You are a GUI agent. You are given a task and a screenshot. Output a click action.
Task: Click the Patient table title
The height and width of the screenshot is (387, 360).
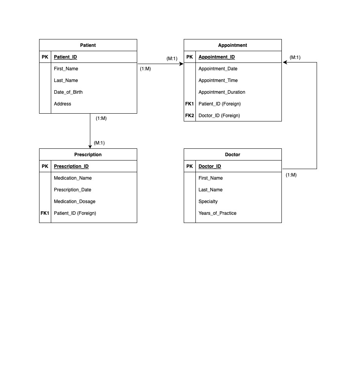click(88, 45)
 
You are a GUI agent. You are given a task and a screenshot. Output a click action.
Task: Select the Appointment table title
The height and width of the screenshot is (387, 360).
click(233, 45)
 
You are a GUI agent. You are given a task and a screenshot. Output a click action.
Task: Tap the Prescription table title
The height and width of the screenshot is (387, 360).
click(88, 155)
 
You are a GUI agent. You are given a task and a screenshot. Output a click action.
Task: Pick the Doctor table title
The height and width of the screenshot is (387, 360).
click(233, 155)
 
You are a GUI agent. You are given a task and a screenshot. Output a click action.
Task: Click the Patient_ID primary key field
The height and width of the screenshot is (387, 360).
click(65, 57)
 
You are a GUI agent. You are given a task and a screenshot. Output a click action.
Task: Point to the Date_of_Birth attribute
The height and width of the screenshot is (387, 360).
click(68, 92)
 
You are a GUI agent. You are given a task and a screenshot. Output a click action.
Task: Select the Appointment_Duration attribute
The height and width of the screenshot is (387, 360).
click(222, 92)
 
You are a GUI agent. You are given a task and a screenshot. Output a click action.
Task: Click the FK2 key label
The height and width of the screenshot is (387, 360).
click(190, 116)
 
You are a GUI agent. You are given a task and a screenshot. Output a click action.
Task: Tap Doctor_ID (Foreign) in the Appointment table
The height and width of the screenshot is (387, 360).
click(219, 116)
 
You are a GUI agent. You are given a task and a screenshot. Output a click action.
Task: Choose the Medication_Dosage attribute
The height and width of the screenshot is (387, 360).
click(74, 202)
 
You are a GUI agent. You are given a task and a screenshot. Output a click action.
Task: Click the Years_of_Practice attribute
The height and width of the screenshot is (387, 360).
click(217, 213)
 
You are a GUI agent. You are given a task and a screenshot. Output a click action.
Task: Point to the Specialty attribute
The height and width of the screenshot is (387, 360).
click(208, 202)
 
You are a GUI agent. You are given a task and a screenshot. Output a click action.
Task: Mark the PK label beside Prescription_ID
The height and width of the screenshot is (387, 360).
click(45, 166)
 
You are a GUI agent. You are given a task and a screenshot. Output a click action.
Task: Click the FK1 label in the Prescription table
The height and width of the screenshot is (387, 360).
click(45, 213)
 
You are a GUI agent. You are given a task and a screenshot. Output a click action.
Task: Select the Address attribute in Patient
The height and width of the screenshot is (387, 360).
click(63, 104)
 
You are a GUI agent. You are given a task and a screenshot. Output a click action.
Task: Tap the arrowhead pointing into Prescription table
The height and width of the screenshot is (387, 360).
click(90, 146)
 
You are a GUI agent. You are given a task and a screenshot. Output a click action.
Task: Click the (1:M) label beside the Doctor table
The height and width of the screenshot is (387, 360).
click(291, 175)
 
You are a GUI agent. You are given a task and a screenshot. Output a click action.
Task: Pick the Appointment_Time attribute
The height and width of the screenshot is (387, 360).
click(218, 80)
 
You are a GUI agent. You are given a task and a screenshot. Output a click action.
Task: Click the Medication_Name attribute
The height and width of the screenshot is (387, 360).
click(73, 178)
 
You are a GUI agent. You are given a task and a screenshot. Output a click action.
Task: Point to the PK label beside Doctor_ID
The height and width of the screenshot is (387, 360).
click(190, 166)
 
